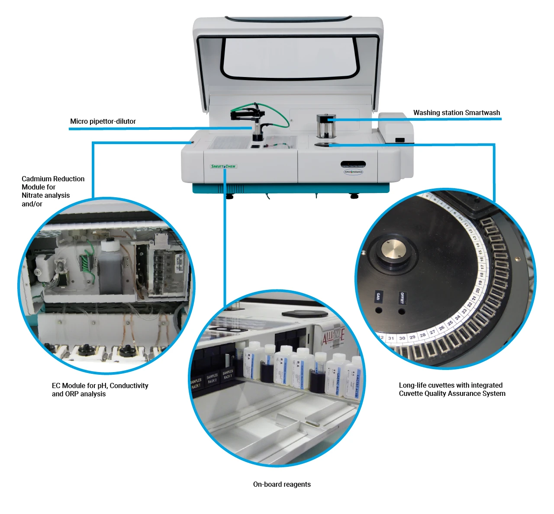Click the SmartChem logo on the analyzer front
[x=223, y=166]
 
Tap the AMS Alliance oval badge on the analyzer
[x=353, y=172]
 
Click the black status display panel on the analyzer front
[x=353, y=164]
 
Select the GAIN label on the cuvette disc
[x=378, y=296]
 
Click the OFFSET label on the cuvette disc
[x=402, y=298]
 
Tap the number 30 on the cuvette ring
[x=402, y=338]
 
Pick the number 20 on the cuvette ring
[x=478, y=290]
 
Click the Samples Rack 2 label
[x=212, y=379]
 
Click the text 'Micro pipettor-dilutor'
[x=103, y=121]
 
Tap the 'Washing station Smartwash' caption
[x=457, y=112]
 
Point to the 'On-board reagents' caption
[x=282, y=484]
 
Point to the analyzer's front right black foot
[x=354, y=196]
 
